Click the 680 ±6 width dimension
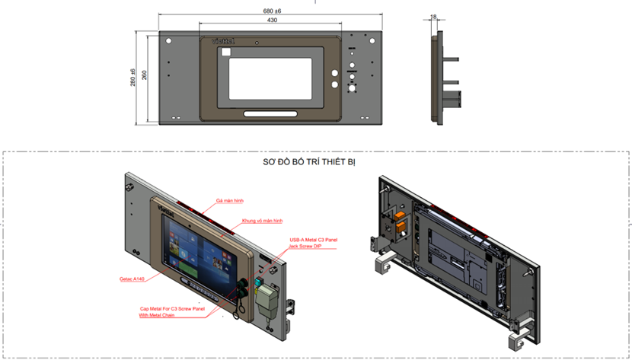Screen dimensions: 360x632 pyautogui.click(x=272, y=11)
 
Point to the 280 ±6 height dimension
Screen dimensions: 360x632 pyautogui.click(x=132, y=76)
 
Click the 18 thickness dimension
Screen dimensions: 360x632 pyautogui.click(x=433, y=16)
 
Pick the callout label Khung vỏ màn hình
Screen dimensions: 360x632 pyautogui.click(x=261, y=220)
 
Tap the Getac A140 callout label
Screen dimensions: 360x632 pyautogui.click(x=132, y=279)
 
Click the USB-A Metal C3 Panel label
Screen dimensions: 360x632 pyautogui.click(x=311, y=240)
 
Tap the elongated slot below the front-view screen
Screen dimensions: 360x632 pyautogui.click(x=270, y=114)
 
